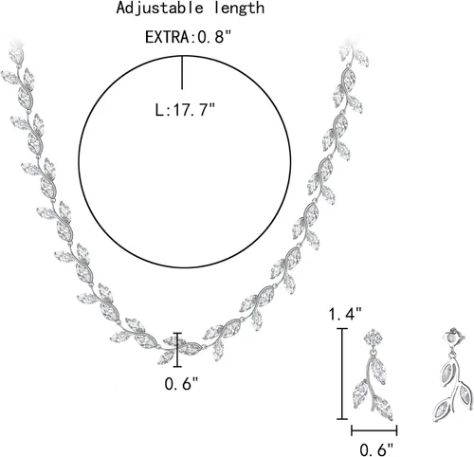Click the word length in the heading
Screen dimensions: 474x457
[x=239, y=9]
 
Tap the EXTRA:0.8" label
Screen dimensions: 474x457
[x=189, y=37]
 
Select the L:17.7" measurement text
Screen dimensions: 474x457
[x=185, y=110]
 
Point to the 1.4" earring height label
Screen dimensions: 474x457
[x=345, y=314]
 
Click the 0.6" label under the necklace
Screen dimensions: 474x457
[x=181, y=384]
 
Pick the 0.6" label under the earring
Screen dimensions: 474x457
[x=377, y=449]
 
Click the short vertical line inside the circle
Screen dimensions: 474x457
[x=182, y=73]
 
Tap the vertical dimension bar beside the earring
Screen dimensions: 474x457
[x=342, y=374]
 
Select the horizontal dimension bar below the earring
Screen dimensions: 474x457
[x=374, y=430]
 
